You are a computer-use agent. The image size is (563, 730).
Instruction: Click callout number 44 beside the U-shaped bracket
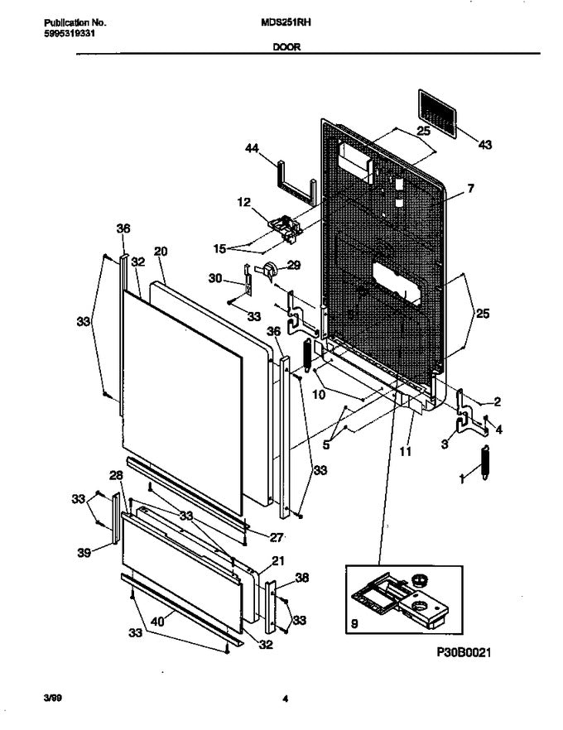point(253,148)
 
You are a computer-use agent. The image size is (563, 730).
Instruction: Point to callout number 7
point(469,190)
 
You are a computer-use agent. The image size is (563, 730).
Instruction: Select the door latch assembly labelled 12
point(283,226)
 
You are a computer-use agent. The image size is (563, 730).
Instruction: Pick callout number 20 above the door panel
point(161,251)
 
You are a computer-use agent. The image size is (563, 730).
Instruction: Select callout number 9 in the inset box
point(354,628)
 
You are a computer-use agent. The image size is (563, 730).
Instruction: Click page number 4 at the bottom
point(284,699)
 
